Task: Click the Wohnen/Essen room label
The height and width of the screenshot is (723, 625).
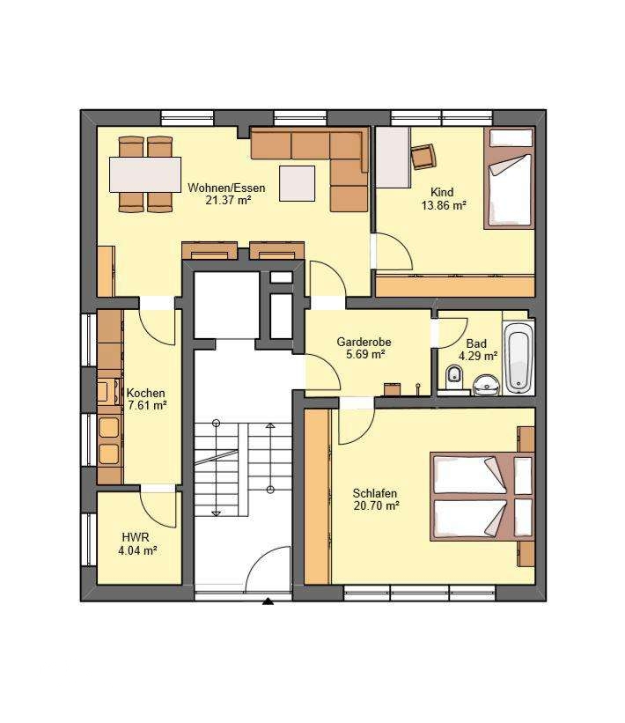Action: point(226,188)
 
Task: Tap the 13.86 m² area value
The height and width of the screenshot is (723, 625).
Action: point(444,205)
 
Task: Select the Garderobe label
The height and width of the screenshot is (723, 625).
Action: point(364,343)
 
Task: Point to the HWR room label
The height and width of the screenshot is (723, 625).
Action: point(136,537)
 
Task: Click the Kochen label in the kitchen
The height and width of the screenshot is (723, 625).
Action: point(145,394)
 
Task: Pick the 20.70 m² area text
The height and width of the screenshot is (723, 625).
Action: point(376,505)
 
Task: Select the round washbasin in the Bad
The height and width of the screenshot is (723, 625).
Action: point(486,384)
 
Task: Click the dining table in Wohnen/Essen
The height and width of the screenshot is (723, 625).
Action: point(145,174)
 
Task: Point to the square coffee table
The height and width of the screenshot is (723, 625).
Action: point(298,183)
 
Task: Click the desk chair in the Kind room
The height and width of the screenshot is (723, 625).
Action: point(423,156)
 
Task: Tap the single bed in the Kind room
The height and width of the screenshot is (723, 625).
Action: point(509,178)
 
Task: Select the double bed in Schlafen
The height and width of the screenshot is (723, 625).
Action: point(482,496)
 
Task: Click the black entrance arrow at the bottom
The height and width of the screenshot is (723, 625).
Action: point(268,601)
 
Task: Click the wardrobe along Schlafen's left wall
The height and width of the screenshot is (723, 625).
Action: point(317,497)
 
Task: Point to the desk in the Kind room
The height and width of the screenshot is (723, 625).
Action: point(393,158)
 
